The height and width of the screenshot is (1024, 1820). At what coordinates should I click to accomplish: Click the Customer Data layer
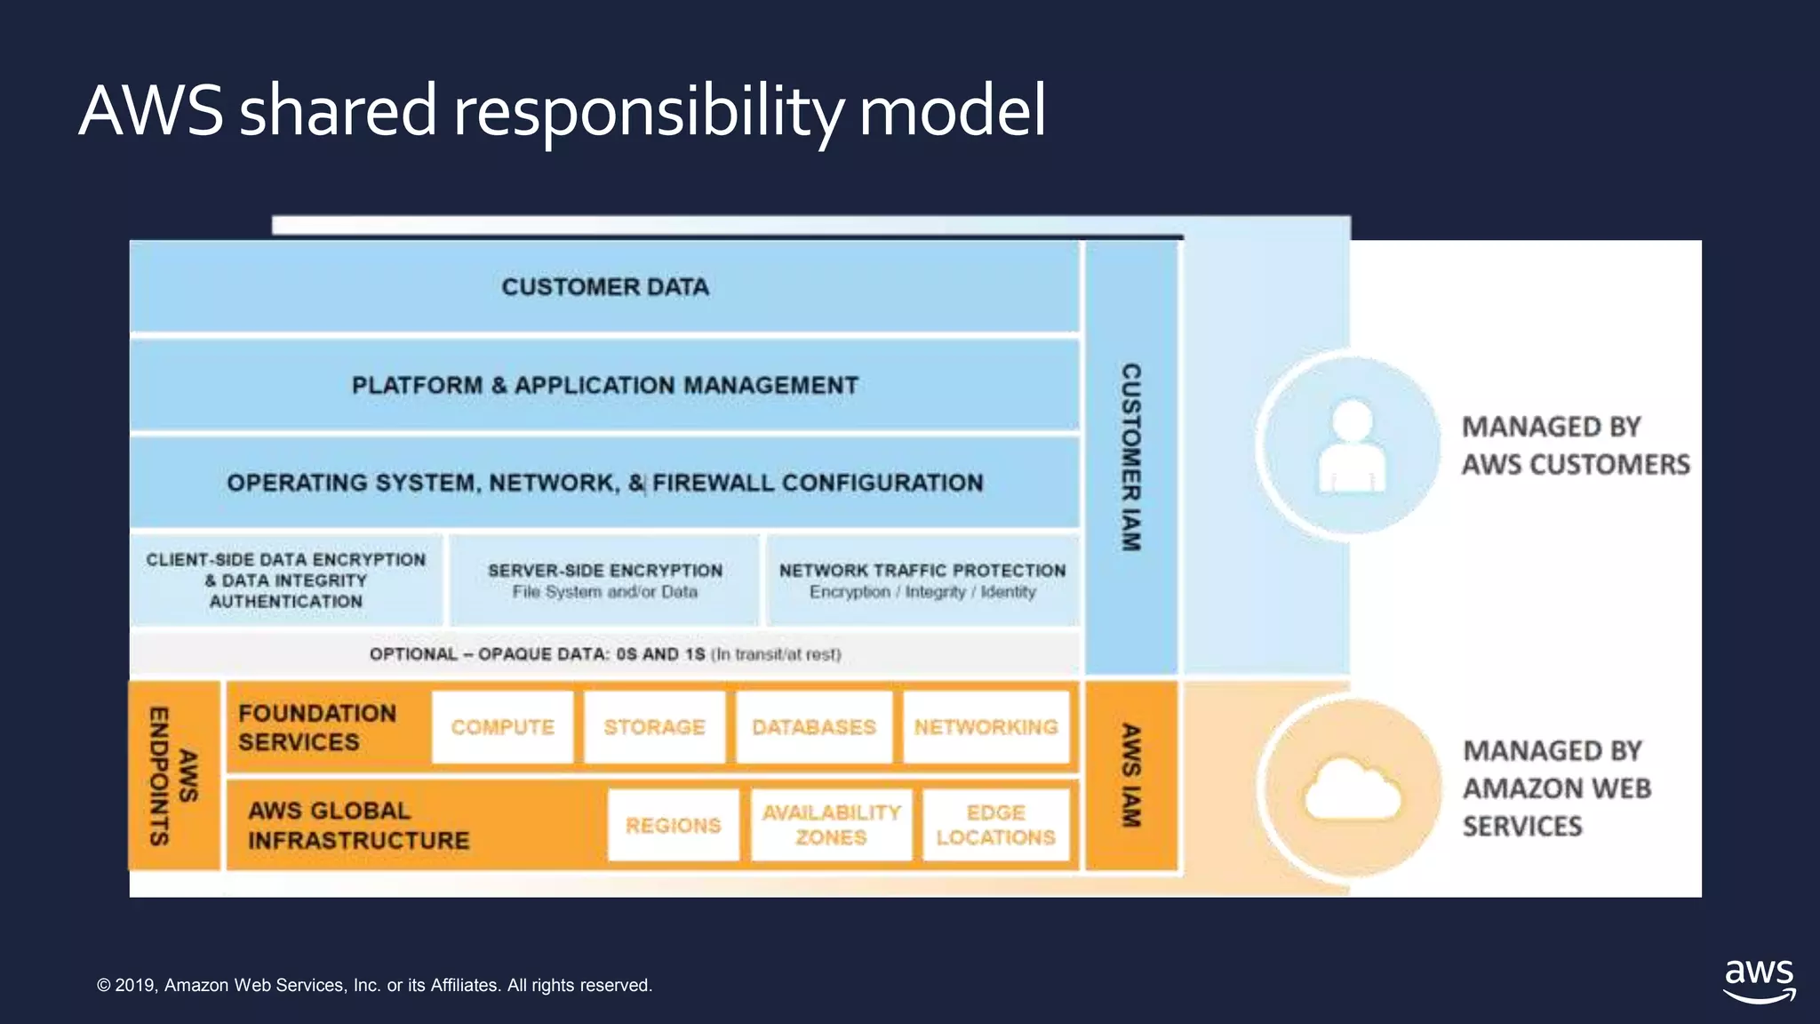click(604, 287)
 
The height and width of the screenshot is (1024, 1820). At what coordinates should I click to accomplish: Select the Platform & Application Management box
click(604, 386)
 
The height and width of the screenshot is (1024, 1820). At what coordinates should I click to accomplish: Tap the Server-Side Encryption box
click(604, 580)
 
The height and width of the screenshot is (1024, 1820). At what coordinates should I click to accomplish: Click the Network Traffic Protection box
click(922, 580)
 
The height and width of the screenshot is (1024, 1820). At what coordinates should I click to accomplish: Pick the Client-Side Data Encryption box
click(285, 580)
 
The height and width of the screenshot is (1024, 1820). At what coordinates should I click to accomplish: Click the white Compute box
click(502, 727)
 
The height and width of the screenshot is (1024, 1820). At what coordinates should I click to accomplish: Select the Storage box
click(654, 727)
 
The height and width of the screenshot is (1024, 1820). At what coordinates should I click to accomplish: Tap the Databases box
click(813, 727)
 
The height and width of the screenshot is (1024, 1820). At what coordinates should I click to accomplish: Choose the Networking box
click(986, 727)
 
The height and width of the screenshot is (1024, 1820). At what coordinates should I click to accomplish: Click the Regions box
click(673, 825)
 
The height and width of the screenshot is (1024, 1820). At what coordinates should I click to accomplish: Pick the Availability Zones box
click(831, 825)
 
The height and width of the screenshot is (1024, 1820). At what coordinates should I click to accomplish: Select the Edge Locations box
click(995, 825)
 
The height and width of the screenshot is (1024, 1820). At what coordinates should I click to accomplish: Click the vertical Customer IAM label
click(1130, 457)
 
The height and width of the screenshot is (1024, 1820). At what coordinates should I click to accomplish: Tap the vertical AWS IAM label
click(1130, 775)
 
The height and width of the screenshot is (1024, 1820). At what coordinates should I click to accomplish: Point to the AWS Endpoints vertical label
click(173, 775)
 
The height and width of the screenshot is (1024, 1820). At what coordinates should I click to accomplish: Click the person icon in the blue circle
click(1352, 446)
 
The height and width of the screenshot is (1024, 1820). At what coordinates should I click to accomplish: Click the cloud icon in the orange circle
click(1352, 788)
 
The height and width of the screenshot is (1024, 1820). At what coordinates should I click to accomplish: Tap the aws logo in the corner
click(1759, 980)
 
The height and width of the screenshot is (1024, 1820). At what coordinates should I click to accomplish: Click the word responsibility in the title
click(648, 112)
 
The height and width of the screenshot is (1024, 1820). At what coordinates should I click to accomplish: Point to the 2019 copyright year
click(135, 985)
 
